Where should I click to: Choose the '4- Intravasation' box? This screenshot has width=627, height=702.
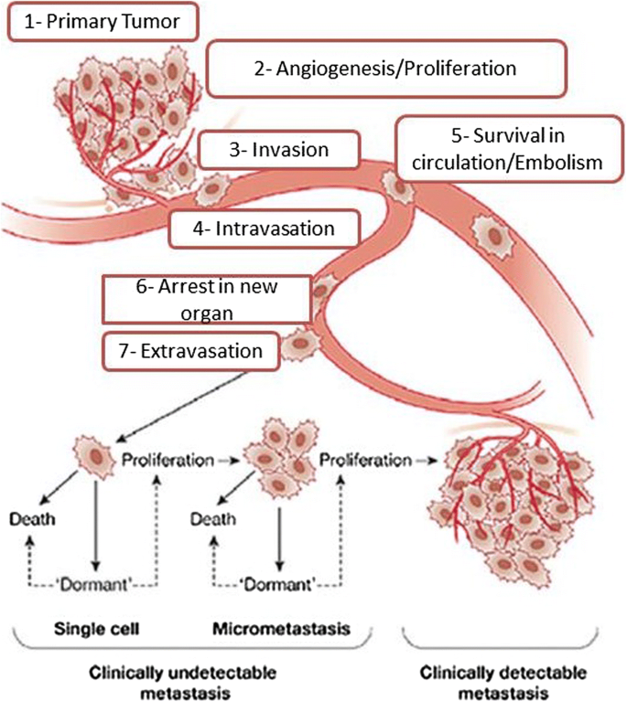(263, 229)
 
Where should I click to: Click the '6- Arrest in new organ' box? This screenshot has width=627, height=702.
(202, 299)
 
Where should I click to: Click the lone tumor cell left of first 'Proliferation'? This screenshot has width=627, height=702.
(92, 455)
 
